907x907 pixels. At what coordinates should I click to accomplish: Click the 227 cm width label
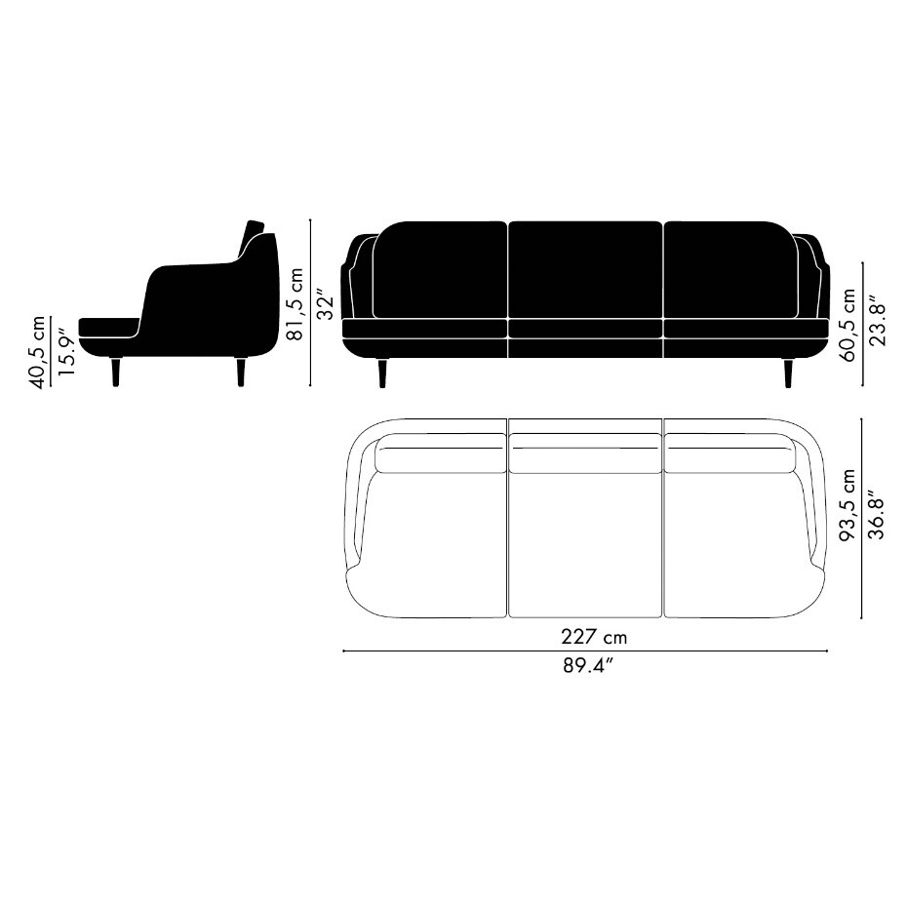pos(593,637)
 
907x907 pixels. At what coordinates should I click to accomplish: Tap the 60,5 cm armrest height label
pos(848,325)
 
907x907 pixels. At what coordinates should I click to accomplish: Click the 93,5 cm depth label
pos(848,504)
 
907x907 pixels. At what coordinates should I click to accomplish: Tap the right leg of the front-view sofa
pos(787,373)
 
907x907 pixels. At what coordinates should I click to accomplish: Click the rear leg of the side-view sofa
pos(241,372)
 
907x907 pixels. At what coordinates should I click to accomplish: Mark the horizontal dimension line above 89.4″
pos(585,651)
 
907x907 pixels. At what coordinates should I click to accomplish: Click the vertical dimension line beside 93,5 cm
pos(861,517)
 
